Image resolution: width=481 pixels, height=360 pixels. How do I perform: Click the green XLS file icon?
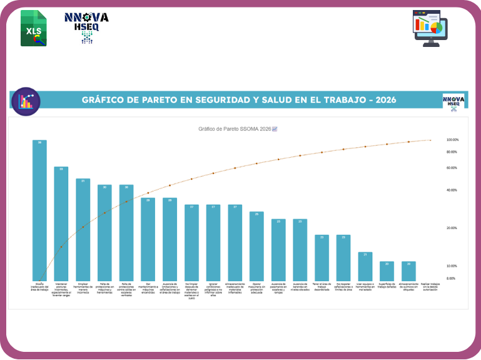point(33,28)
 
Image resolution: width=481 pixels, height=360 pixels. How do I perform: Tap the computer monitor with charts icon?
point(430,28)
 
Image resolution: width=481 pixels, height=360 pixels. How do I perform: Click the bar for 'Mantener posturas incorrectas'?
point(61,224)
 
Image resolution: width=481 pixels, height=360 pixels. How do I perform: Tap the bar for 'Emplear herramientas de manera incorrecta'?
point(83,230)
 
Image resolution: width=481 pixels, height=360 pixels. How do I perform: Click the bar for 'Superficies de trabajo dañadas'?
point(387,271)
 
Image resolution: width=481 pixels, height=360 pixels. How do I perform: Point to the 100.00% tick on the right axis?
point(453,140)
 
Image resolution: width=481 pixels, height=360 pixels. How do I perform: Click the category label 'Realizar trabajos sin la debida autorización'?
point(430,287)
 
